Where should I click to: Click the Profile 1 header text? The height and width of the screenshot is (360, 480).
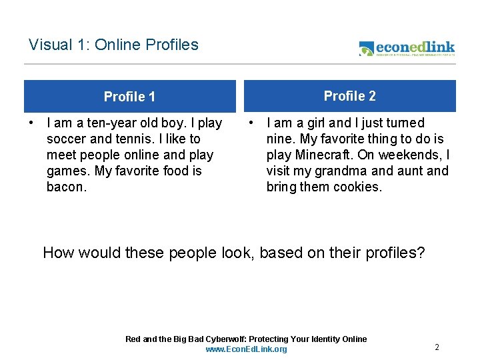129,97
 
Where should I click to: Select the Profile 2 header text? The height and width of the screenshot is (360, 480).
349,96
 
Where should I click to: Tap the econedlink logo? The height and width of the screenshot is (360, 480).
407,48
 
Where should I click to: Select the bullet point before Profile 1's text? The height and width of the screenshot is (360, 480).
31,123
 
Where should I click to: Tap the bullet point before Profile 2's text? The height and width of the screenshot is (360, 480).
250,123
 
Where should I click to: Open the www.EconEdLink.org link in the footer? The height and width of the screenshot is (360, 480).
246,349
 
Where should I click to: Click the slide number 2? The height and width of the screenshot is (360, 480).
437,347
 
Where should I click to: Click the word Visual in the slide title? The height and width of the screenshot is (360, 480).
49,45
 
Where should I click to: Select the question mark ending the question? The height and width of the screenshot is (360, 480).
420,253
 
